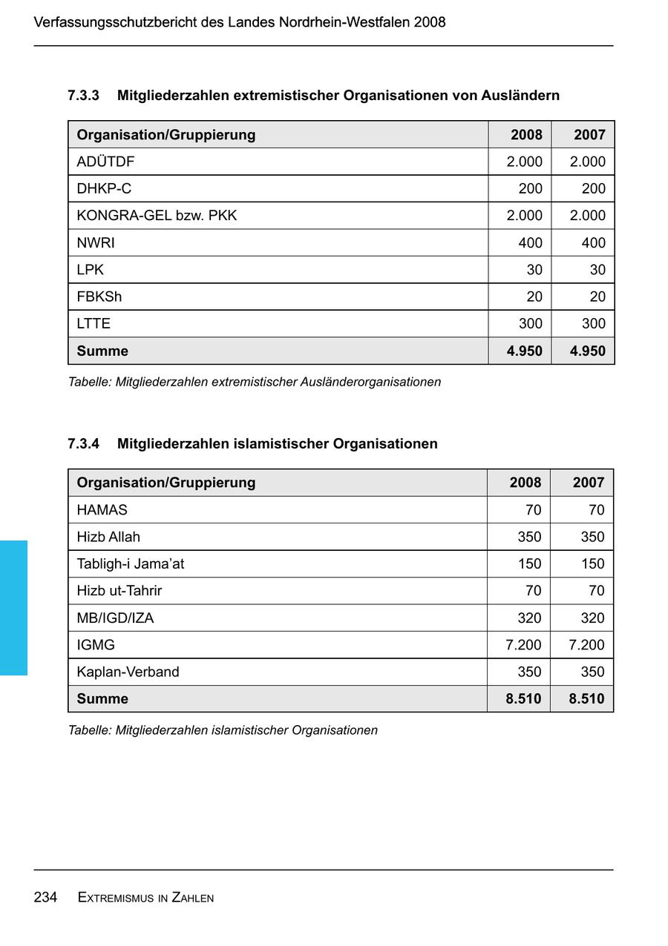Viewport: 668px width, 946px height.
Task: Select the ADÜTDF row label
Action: pos(106,162)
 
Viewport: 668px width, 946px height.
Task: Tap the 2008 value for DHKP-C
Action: pos(530,188)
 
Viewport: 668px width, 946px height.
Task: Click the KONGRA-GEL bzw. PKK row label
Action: pos(157,216)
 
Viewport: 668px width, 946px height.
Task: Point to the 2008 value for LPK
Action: pos(534,270)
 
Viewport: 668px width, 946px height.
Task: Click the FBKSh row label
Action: pos(99,297)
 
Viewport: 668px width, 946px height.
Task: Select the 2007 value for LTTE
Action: pos(593,323)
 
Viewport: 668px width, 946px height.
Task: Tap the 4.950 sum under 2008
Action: pos(524,351)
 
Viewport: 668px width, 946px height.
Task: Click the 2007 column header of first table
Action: pos(589,135)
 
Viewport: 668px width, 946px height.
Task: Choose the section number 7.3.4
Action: pos(83,443)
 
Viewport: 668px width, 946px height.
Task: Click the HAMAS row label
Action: pos(102,510)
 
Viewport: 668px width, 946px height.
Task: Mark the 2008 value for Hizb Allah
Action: pos(529,537)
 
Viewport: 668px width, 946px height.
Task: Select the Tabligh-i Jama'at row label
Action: pos(131,563)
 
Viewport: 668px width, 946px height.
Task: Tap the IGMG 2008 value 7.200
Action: pos(523,645)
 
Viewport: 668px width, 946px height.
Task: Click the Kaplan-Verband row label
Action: pos(128,672)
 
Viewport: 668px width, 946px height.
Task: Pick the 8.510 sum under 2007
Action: pos(586,698)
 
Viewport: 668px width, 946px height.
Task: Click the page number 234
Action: pos(45,897)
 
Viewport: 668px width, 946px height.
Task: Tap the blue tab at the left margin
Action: pos(13,607)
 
